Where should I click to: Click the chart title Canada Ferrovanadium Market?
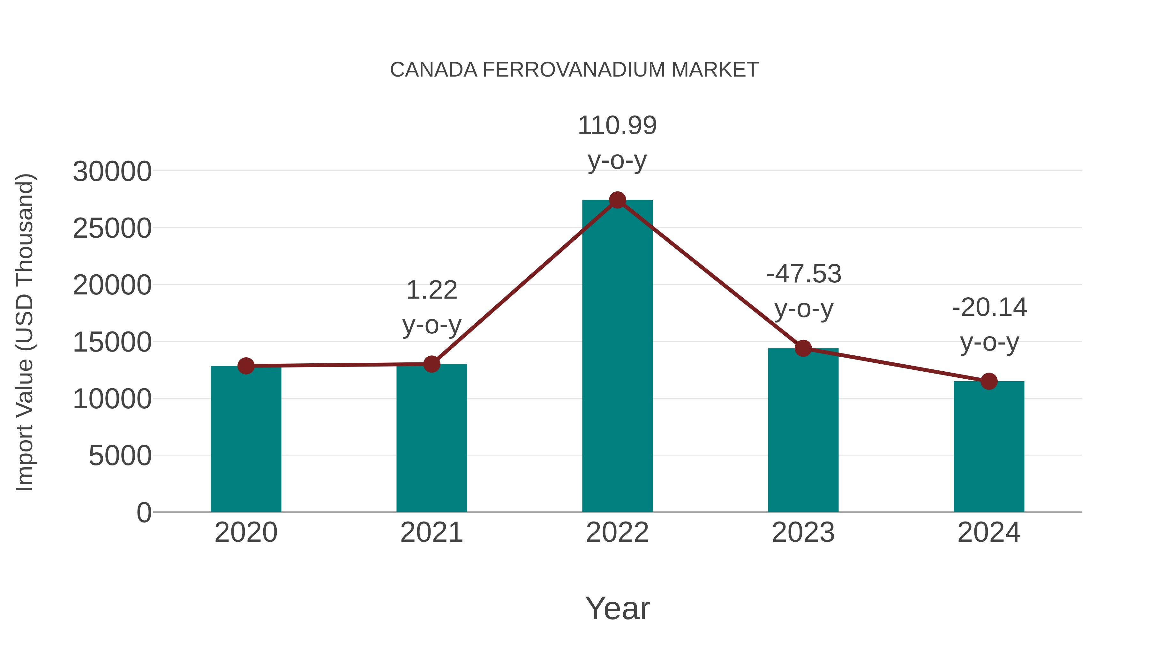click(x=574, y=70)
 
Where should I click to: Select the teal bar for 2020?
click(x=246, y=439)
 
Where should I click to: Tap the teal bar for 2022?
click(x=617, y=357)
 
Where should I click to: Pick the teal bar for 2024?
click(x=989, y=447)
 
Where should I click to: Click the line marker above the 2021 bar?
click(x=431, y=364)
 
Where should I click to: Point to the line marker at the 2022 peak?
click(x=617, y=200)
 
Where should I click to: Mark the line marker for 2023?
click(x=803, y=348)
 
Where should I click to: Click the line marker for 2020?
click(x=246, y=366)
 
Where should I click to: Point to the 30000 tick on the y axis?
click(x=112, y=172)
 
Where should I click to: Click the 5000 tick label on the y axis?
click(x=120, y=456)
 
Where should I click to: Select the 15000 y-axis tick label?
click(x=112, y=342)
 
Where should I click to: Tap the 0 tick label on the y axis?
click(x=144, y=513)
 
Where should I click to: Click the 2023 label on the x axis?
click(x=803, y=533)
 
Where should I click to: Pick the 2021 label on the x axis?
click(x=431, y=533)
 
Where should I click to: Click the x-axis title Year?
click(x=617, y=609)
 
